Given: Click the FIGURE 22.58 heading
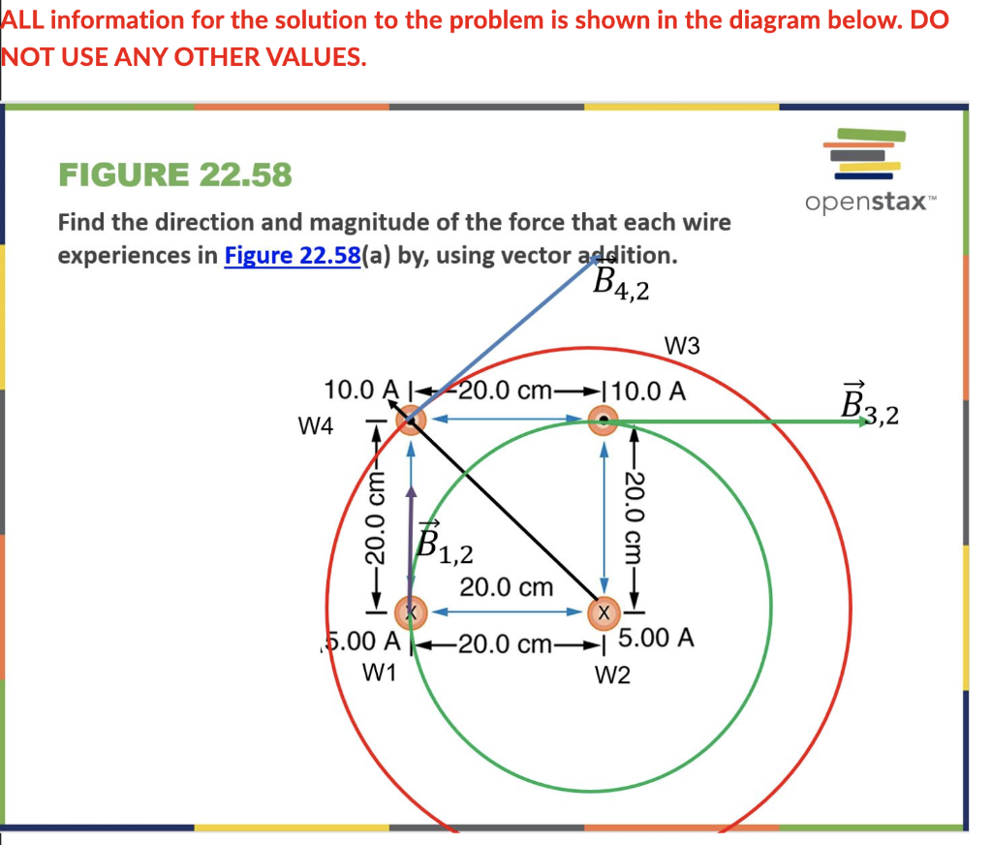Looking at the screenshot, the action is pos(174,175).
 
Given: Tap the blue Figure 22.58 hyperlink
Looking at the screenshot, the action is pos(293,256).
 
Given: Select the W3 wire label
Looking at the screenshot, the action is pos(683,346).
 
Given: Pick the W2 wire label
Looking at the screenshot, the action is pos(612,673).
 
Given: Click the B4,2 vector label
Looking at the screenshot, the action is pos(621,284).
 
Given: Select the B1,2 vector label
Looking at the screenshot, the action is pos(444,543).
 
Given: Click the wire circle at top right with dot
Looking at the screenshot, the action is pos(604,420).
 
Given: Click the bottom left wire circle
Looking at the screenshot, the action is pos(410,612).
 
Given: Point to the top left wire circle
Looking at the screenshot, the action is pos(411,420).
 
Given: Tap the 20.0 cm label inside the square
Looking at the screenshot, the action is pos(506,587).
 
